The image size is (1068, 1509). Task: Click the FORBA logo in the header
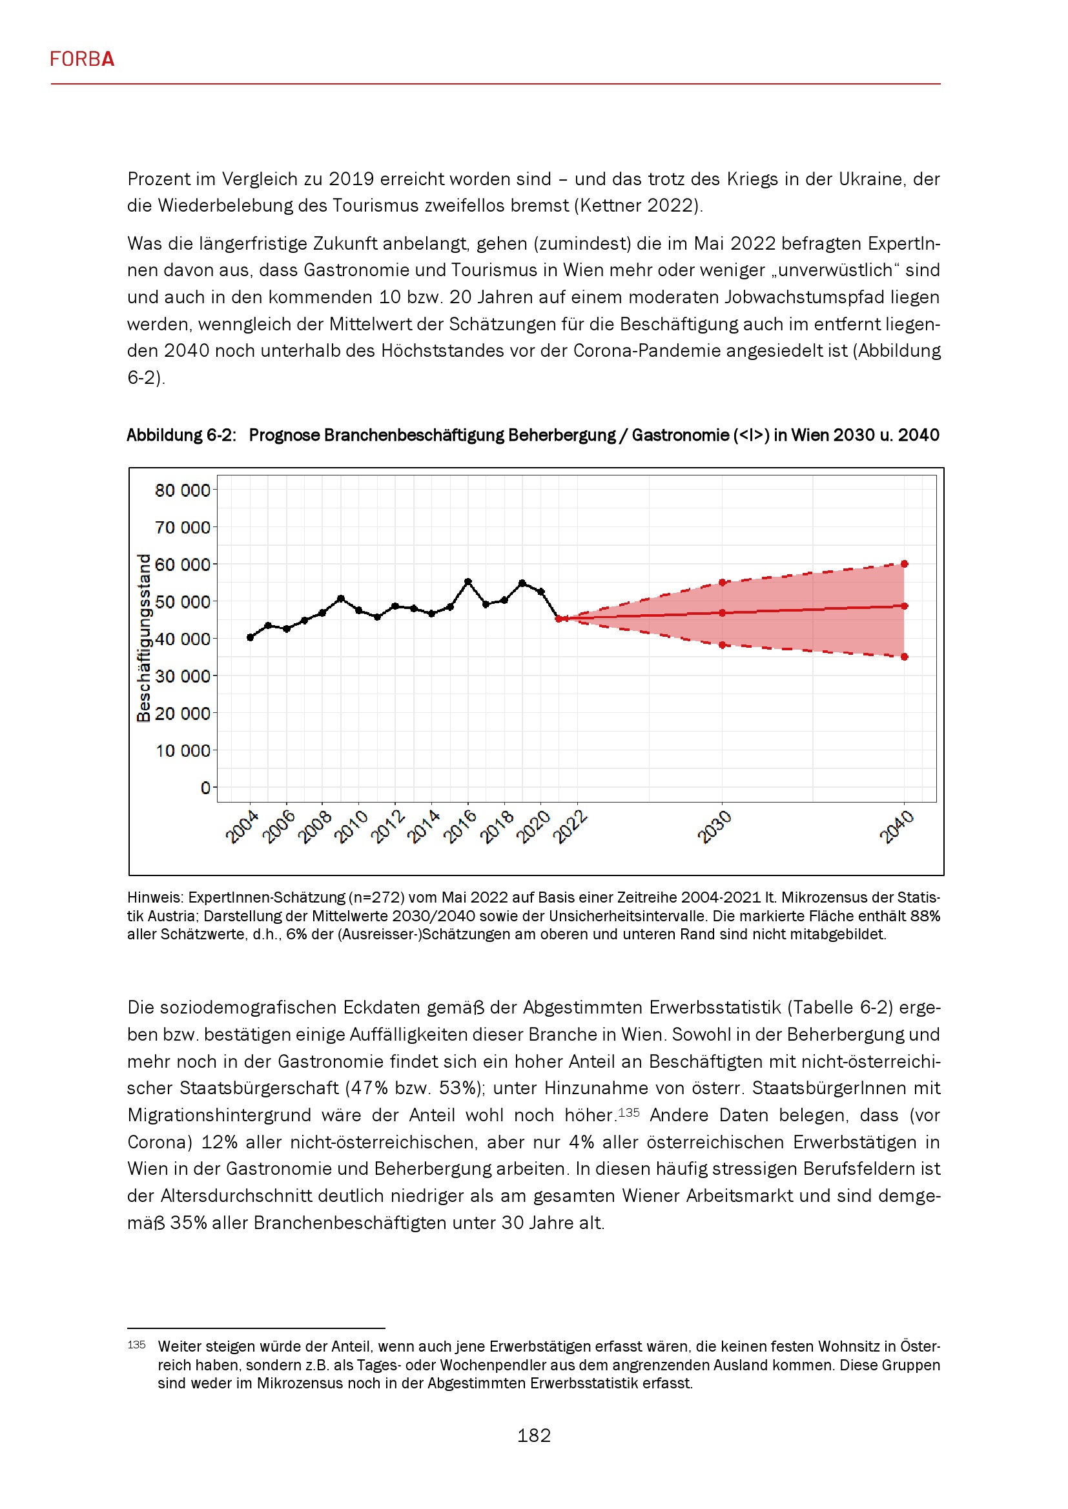coord(82,59)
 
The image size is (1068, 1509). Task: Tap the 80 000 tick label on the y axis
coord(182,490)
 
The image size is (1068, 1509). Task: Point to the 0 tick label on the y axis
coord(205,788)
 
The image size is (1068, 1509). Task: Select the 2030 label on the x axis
coord(714,827)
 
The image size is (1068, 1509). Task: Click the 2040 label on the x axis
coord(897,827)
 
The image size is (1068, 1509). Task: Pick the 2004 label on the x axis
coord(242,827)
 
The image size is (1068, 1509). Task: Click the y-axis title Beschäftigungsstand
coord(143,637)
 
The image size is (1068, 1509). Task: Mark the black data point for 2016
coord(468,582)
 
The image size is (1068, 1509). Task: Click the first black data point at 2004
coord(251,637)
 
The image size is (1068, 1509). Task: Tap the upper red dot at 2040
coord(905,564)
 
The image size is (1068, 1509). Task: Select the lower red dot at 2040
coord(905,657)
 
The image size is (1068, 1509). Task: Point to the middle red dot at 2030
coord(722,613)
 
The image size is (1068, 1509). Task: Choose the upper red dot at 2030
coord(722,583)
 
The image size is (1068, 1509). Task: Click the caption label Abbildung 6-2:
coord(181,435)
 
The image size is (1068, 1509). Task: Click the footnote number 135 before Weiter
coord(136,1344)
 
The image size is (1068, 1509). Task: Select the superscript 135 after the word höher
coord(629,1113)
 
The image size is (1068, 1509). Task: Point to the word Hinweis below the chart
coord(155,897)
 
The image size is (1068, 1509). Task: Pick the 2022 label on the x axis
coord(570,827)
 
